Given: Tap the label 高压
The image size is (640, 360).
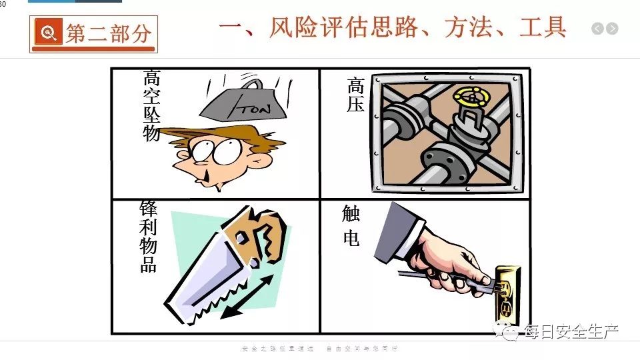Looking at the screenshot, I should click(x=355, y=95).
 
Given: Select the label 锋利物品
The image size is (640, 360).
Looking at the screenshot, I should click(x=148, y=236).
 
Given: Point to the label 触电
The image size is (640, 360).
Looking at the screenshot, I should click(x=351, y=226).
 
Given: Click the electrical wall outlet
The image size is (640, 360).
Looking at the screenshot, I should click(x=507, y=294).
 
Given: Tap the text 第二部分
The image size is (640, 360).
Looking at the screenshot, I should click(x=108, y=34).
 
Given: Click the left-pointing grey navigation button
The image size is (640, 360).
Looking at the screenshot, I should click(x=597, y=29).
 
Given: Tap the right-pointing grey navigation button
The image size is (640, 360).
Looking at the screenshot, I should click(x=612, y=29).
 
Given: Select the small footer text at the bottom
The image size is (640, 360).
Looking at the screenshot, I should click(x=319, y=349).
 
